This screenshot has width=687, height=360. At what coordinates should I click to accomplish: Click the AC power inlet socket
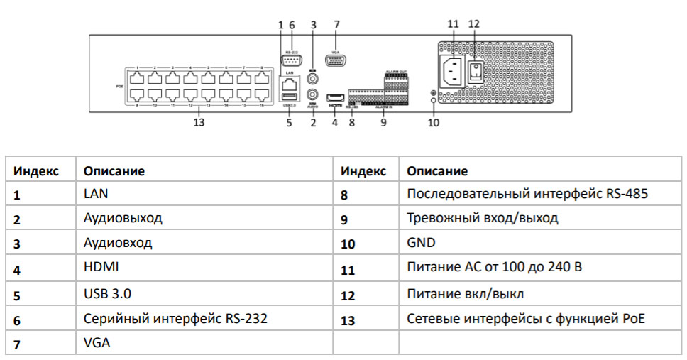tap(454, 70)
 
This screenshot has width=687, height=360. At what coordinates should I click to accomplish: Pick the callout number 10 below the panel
tap(433, 122)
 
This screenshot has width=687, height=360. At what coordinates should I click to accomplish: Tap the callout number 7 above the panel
tap(336, 24)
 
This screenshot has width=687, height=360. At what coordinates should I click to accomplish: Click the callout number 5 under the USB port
tap(289, 122)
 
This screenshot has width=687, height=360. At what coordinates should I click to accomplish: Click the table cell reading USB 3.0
tap(107, 293)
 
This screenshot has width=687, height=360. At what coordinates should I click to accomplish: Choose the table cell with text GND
tap(421, 243)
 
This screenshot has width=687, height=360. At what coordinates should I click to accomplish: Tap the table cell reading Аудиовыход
tap(123, 218)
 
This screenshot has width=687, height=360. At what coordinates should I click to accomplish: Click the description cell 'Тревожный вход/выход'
tap(482, 218)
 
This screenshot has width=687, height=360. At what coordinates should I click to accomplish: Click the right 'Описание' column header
tap(437, 171)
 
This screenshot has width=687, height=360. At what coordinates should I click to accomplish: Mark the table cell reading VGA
tap(97, 342)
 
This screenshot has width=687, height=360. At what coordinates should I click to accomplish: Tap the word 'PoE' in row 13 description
tap(633, 319)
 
